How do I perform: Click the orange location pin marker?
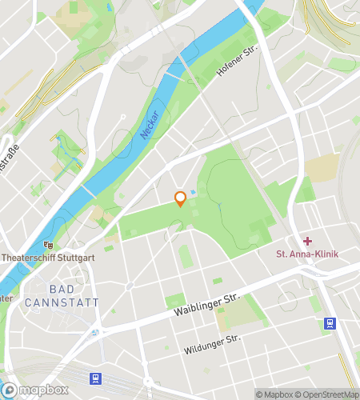pos(181,198)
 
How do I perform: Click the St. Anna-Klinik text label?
pos(308,254)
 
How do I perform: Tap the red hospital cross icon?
pos(307,241)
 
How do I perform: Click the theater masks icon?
pos(50,246)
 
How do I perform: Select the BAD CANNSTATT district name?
pos(62,295)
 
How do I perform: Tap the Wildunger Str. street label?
pos(210,343)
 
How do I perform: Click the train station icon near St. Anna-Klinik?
pos(329,323)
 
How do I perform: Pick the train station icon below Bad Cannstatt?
pos(96,378)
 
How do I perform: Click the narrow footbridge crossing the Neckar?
pos(85,190)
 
